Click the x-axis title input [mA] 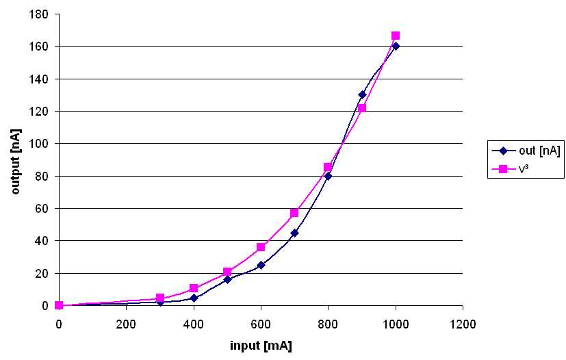tap(261, 346)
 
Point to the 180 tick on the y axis tap(39, 14)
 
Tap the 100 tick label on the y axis tap(39, 144)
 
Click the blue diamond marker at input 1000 tap(396, 46)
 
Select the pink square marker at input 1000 tap(396, 36)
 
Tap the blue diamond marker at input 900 tap(362, 94)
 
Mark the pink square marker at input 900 tap(362, 108)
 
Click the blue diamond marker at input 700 tap(294, 233)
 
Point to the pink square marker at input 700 tap(294, 213)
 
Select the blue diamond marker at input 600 tap(261, 265)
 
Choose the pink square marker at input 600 tap(261, 247)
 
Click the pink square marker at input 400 tap(194, 288)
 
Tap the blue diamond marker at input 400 tap(194, 298)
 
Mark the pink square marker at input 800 tap(328, 167)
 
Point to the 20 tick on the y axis tap(42, 274)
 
